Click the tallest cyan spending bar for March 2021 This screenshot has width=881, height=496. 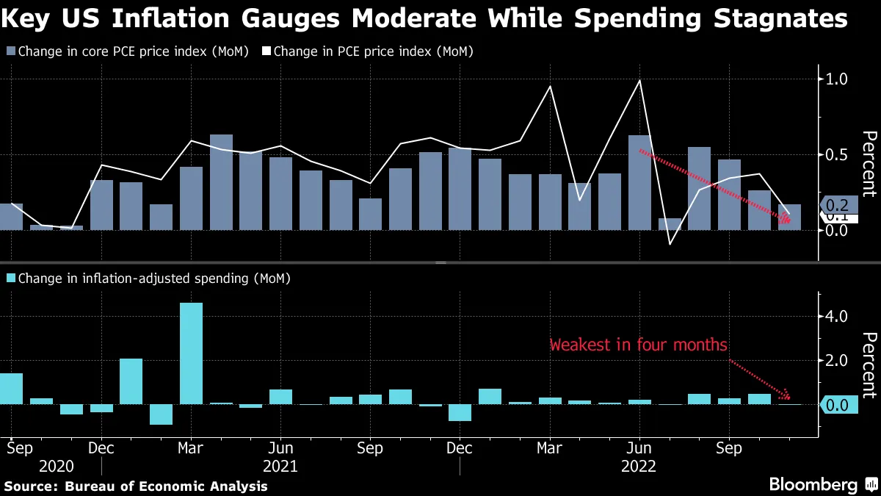point(191,353)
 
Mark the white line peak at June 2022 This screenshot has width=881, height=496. point(640,80)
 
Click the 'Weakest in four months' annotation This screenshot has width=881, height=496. point(638,345)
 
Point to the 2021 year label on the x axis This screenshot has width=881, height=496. point(280,466)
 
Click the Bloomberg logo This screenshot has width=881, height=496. point(813,484)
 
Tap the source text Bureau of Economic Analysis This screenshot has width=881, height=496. point(166,486)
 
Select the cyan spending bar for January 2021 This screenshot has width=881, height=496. point(131,381)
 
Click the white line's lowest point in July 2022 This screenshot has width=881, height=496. point(670,244)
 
